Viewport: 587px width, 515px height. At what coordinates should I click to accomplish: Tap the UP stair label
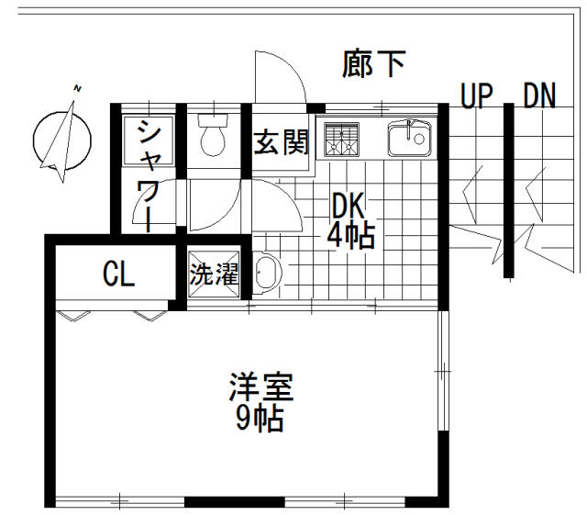pyautogui.click(x=476, y=95)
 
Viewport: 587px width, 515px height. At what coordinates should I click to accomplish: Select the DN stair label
pyautogui.click(x=539, y=95)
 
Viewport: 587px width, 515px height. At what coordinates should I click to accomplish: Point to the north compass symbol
pyautogui.click(x=61, y=136)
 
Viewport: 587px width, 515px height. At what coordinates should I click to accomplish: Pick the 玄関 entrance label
pyautogui.click(x=282, y=143)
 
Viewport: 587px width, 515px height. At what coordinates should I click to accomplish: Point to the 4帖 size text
pyautogui.click(x=349, y=236)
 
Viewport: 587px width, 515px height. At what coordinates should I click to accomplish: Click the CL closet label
pyautogui.click(x=118, y=274)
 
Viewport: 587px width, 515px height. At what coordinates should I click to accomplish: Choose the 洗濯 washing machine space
pyautogui.click(x=215, y=274)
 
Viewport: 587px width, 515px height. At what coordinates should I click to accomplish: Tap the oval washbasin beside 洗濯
pyautogui.click(x=267, y=274)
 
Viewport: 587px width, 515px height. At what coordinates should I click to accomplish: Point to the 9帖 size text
pyautogui.click(x=260, y=420)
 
